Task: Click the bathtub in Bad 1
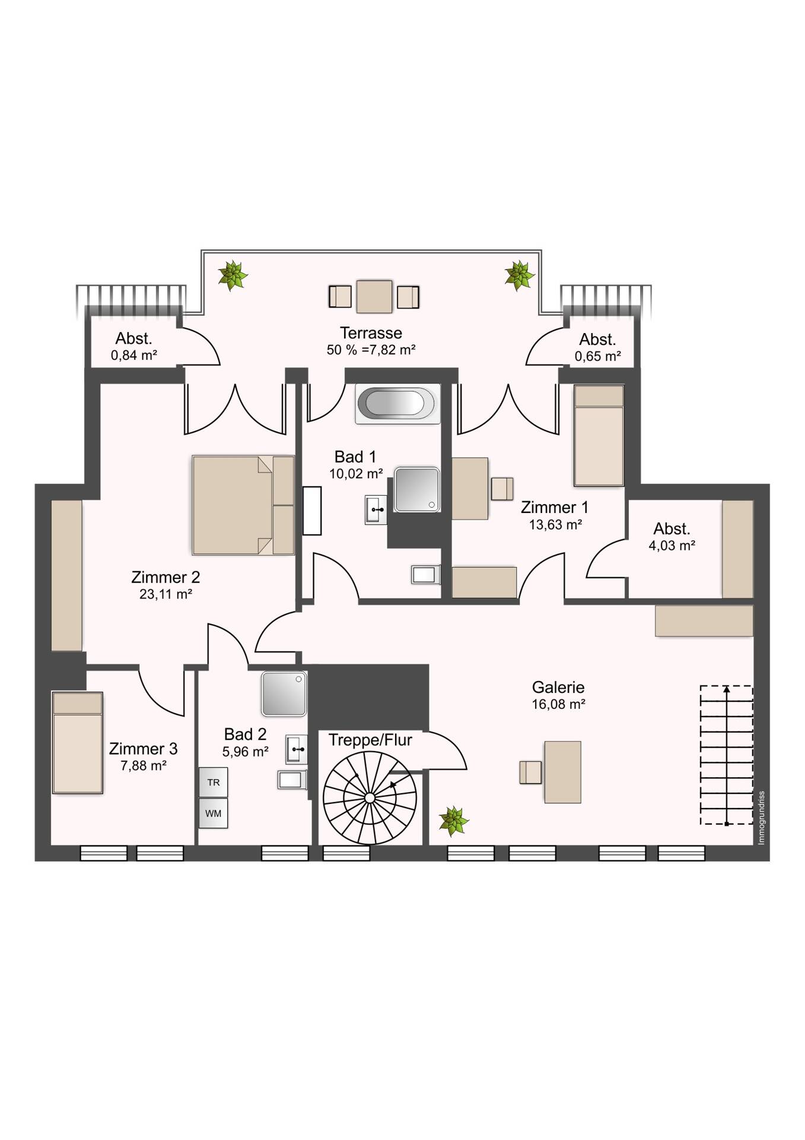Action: click(x=397, y=404)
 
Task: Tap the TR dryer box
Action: click(x=214, y=783)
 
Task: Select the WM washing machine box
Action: click(x=214, y=813)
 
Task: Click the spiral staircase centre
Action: click(x=369, y=798)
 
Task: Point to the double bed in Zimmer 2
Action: click(x=243, y=505)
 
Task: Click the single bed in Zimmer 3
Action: click(x=78, y=742)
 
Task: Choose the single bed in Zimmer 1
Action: click(x=599, y=435)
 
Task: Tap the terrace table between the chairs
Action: click(x=374, y=296)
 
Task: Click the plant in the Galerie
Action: click(x=454, y=821)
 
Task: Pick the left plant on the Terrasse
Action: click(x=233, y=275)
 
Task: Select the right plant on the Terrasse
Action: click(x=519, y=275)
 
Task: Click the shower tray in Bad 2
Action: click(x=284, y=693)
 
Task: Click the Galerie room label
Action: click(x=558, y=687)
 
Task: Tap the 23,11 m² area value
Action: click(x=166, y=594)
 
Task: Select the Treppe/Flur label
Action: click(x=370, y=740)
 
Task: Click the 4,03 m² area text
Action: click(x=672, y=546)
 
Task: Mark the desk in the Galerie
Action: click(x=562, y=772)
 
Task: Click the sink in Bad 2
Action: click(x=296, y=749)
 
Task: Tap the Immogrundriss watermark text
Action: click(x=762, y=818)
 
